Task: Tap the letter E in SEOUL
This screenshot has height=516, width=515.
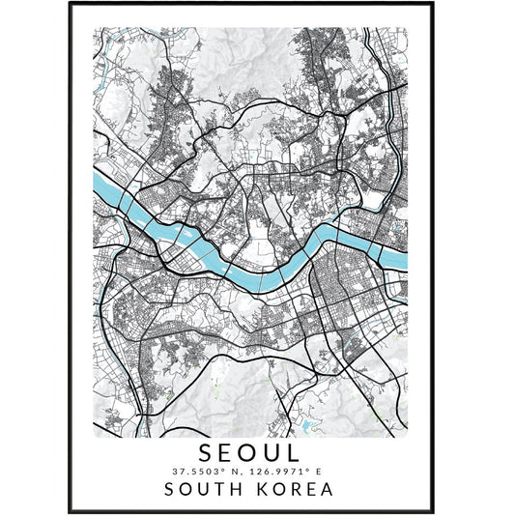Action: (233, 451)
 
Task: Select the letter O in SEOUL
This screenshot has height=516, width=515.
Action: (258, 451)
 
